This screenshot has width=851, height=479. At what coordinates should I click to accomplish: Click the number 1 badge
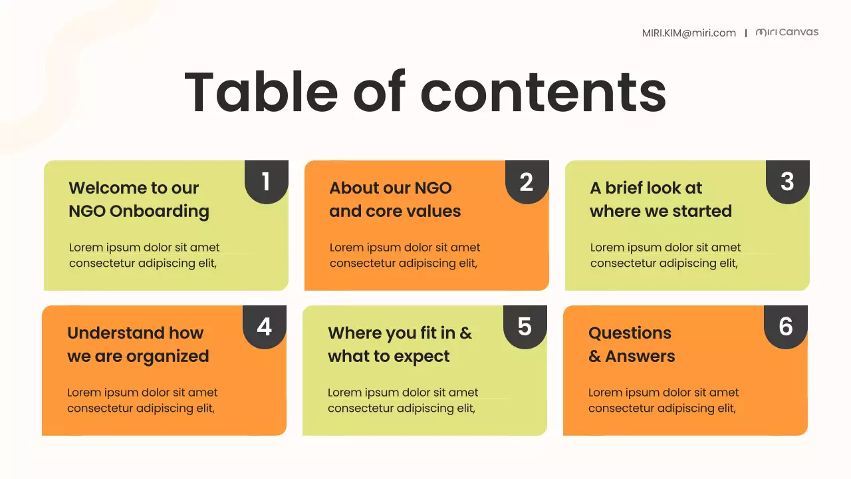click(266, 182)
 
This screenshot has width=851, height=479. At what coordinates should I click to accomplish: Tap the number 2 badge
click(527, 182)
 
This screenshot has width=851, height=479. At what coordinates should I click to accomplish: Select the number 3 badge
click(787, 182)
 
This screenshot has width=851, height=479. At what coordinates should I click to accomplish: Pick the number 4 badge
click(264, 327)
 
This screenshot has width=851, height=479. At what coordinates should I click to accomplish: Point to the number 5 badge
click(525, 327)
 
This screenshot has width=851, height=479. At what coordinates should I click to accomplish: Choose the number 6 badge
click(785, 327)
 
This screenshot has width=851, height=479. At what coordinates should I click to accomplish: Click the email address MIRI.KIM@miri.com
click(689, 33)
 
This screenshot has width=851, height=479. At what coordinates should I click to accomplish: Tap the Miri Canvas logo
click(787, 32)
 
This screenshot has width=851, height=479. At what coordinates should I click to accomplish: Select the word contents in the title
click(543, 92)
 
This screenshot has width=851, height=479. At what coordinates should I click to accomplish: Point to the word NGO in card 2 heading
click(433, 188)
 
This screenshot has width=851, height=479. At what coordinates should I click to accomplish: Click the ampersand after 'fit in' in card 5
click(465, 333)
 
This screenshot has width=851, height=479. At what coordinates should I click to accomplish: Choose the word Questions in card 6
click(630, 333)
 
